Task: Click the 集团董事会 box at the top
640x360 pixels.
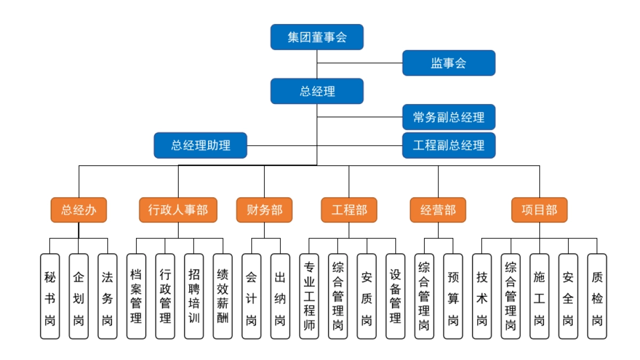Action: [317, 37]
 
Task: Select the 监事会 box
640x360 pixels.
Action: [449, 63]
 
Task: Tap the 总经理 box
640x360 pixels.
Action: [317, 91]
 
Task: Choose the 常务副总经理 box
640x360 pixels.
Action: [449, 117]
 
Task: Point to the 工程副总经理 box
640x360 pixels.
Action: [449, 145]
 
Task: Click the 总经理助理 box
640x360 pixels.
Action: [201, 145]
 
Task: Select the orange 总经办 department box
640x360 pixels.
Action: [79, 210]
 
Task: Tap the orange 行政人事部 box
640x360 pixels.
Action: [178, 210]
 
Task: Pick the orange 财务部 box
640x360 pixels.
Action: [264, 210]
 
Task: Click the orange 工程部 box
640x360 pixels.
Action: [349, 210]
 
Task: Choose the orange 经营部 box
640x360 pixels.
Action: [438, 210]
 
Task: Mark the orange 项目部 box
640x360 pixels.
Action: [539, 210]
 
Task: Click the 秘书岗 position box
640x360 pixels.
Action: [50, 296]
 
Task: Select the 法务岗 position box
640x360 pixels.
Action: [107, 296]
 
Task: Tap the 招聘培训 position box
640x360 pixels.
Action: [194, 296]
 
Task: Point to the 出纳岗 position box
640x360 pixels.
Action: [280, 296]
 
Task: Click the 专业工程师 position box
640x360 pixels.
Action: [309, 296]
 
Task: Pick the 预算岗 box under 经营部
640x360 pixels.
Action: [453, 296]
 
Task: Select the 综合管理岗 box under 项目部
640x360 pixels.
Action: [510, 296]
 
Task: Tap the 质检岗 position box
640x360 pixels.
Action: [597, 296]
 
